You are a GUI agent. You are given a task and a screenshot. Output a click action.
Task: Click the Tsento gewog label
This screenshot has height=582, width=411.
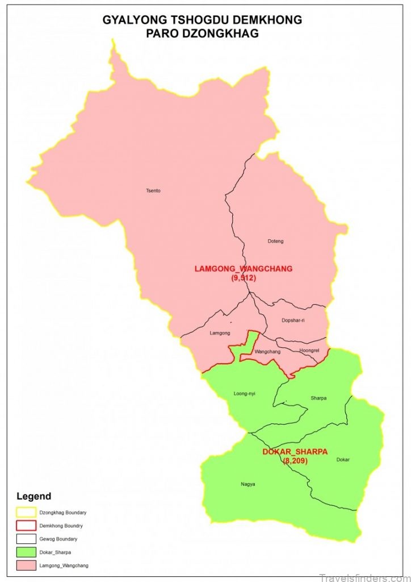coord(153,190)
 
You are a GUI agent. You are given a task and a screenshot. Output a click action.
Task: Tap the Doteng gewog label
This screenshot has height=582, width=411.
coord(275,241)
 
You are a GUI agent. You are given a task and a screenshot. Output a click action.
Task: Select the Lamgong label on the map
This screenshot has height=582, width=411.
coord(220,332)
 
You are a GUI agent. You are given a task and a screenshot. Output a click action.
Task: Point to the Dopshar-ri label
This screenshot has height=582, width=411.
coord(293,320)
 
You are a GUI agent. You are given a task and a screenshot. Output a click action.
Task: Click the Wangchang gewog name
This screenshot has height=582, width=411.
coord(267,352)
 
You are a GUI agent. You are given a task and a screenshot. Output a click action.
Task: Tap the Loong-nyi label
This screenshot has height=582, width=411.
coord(245,393)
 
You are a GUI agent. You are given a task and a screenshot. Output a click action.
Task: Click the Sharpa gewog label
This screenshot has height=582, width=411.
coord(318,398)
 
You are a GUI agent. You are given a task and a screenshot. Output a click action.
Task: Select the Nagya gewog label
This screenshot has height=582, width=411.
coord(248,484)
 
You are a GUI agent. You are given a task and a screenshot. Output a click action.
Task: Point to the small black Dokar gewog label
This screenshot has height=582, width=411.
coord(343,459)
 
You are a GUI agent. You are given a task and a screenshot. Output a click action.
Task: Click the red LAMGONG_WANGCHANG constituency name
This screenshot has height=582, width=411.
coord(244,269)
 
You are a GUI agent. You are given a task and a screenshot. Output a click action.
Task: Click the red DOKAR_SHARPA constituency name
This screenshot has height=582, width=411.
coord(295,452)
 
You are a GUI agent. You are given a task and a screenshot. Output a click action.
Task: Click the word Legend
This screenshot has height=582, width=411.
coord(33,496)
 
